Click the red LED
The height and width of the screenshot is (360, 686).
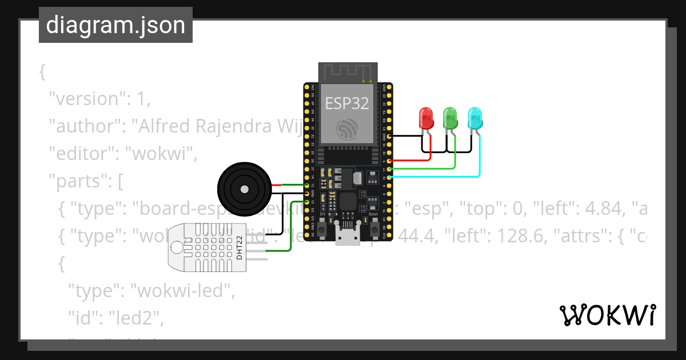(426, 118)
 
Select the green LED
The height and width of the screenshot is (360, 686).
(450, 118)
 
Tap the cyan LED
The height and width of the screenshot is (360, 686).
(475, 118)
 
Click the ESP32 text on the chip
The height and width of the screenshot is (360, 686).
(347, 103)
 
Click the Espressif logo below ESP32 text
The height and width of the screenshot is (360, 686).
(347, 128)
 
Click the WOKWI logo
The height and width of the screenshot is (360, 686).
(607, 315)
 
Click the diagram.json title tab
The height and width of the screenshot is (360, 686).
(115, 25)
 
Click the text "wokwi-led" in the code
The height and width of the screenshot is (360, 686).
(183, 291)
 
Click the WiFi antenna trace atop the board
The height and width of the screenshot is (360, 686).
(347, 72)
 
